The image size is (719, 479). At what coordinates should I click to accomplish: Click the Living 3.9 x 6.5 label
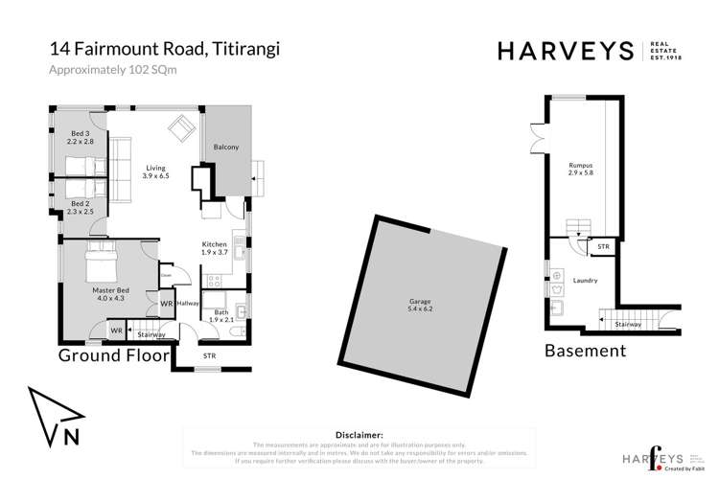tap(155, 171)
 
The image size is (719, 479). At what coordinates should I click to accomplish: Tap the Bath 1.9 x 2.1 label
tap(221, 316)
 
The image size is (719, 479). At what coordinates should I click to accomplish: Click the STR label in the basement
tap(603, 246)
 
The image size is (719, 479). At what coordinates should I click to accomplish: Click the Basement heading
tap(585, 351)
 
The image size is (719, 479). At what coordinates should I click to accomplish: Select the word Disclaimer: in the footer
tap(355, 435)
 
